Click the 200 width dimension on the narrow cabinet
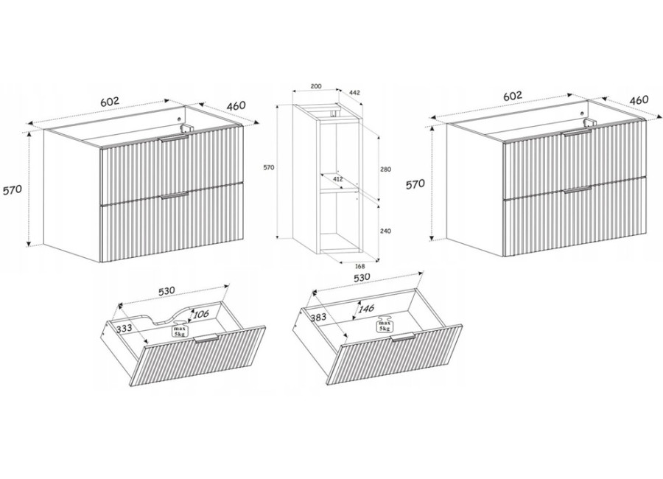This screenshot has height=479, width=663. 316,86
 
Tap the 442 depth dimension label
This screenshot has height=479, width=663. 355,92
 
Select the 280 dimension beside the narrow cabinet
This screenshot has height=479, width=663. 385,169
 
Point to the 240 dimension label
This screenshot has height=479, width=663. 385,231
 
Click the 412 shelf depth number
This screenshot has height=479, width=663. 337,179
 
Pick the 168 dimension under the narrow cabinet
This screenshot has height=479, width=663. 359,266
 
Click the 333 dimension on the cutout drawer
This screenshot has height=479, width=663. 124,328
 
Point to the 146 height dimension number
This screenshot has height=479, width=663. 366,309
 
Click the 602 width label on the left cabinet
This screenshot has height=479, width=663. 110,102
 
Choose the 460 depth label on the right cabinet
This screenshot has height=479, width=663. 639,100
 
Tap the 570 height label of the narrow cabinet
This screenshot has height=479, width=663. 269,167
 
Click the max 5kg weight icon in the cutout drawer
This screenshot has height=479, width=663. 178,330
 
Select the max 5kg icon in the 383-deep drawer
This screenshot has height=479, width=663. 385,324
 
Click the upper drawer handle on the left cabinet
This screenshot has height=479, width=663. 174,139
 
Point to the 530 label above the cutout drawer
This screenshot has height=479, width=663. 167,292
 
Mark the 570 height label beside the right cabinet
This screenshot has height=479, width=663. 415,184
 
